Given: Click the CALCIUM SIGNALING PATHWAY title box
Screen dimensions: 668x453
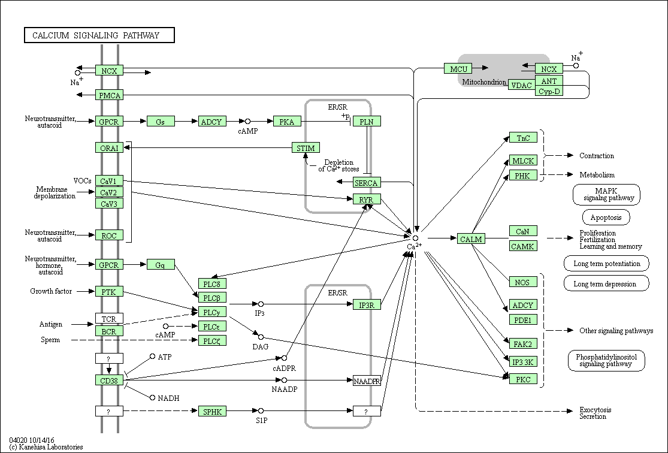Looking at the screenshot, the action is point(99,35).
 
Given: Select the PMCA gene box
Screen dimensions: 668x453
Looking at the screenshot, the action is point(110,95).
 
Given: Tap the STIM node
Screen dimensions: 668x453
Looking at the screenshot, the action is point(306,148).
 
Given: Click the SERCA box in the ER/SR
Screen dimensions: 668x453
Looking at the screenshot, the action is point(367,183).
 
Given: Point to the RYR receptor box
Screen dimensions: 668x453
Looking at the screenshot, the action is point(367,200).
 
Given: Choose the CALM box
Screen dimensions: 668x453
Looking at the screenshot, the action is point(471,239).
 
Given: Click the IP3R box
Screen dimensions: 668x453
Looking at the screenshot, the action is point(367,304).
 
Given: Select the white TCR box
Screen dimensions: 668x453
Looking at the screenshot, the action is point(109,318).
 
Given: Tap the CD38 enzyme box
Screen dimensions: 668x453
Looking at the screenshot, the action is point(109,380).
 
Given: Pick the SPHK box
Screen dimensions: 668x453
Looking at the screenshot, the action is point(212,412).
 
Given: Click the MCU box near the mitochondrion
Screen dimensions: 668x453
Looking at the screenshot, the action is point(458,69).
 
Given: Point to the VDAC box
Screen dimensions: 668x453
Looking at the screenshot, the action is point(521,85).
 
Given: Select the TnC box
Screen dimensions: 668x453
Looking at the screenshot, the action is point(523,138).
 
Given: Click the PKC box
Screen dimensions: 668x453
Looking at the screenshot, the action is point(523,379).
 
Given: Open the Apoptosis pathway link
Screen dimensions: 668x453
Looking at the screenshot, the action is point(606,218).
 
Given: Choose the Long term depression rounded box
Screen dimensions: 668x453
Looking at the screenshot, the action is point(606,283).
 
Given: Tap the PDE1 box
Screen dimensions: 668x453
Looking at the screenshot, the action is point(523,319).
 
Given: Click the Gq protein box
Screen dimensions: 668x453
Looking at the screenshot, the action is point(161,265).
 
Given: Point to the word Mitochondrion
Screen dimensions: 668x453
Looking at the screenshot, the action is point(485,82).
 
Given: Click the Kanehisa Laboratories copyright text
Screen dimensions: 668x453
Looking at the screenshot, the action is point(46,447).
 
